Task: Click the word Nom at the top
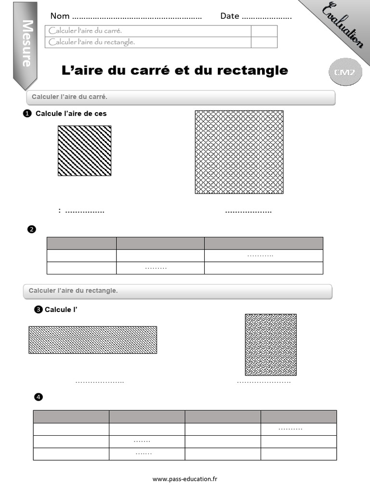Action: click(60, 16)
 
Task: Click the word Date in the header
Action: click(230, 16)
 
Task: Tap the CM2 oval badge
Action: click(345, 72)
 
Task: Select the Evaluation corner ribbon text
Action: click(343, 26)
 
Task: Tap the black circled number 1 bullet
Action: click(27, 114)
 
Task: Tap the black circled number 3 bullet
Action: click(39, 310)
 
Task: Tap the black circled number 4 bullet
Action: click(39, 397)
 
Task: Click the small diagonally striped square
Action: click(84, 151)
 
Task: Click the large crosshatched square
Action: click(239, 152)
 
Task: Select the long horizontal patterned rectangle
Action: click(92, 340)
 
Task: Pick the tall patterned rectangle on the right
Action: click(271, 345)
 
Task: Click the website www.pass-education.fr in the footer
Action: click(185, 479)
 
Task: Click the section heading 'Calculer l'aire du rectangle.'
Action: click(73, 291)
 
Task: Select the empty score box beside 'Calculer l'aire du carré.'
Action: click(264, 31)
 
